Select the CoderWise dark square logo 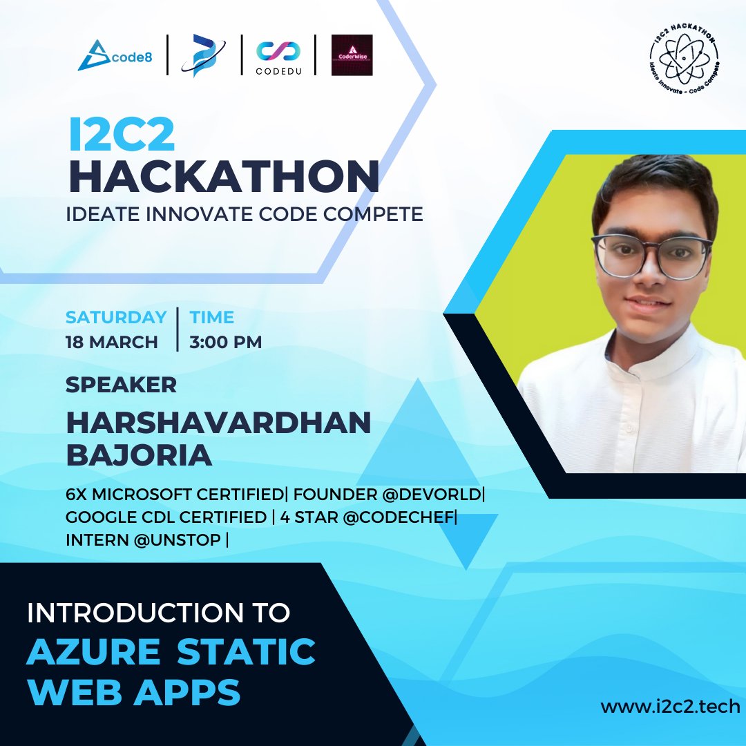coord(352,55)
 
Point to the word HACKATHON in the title coord(224,176)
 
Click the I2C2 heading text coord(122,136)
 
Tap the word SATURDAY coord(116,317)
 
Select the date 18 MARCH coord(111,342)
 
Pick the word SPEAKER coord(121,385)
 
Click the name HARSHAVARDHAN coord(218,423)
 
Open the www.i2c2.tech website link coord(669,706)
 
